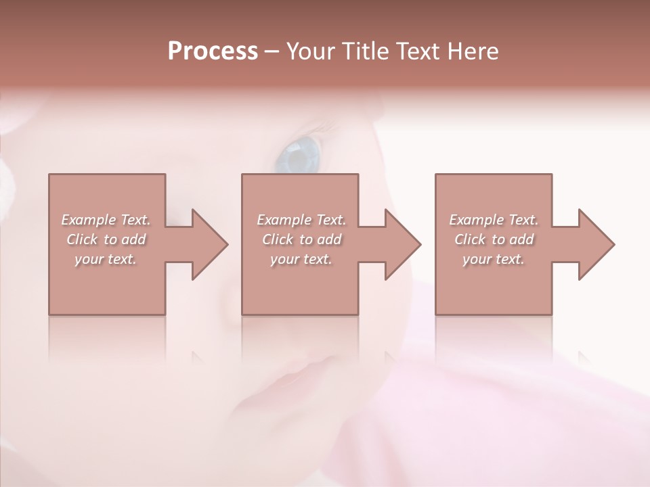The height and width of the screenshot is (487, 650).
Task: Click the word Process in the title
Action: (x=213, y=51)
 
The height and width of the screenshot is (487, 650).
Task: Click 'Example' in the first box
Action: (x=89, y=220)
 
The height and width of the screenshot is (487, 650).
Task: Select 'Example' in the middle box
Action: (x=284, y=220)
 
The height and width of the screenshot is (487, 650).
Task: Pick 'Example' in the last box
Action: (x=477, y=220)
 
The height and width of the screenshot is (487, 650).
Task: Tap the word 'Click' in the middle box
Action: (x=278, y=239)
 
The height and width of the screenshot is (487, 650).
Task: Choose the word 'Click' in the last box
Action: (x=470, y=239)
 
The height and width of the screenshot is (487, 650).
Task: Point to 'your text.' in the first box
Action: (x=106, y=259)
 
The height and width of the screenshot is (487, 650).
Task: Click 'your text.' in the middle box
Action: (x=301, y=259)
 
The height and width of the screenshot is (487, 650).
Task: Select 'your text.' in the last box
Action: (x=493, y=259)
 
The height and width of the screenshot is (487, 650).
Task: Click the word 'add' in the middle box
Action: (x=329, y=239)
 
